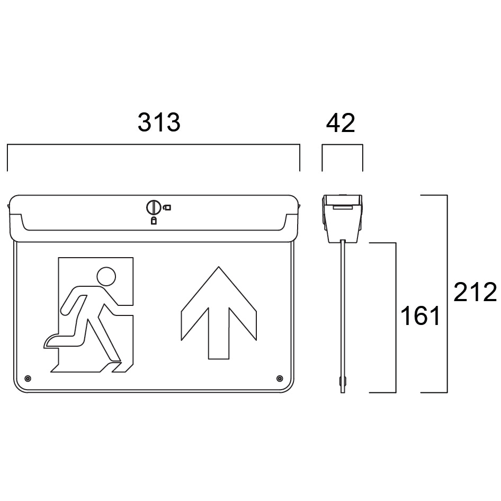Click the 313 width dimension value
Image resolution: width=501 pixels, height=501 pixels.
[x=159, y=122]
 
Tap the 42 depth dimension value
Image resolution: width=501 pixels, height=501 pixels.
[x=341, y=123]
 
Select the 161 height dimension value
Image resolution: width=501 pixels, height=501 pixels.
[x=420, y=317]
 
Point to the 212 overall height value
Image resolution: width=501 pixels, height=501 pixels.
[x=475, y=292]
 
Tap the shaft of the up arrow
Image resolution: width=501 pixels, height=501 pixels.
[x=219, y=334]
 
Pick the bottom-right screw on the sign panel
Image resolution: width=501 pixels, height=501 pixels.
[x=279, y=378]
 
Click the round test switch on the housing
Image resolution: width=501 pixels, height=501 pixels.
[x=153, y=207]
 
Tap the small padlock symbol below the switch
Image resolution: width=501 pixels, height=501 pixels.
[x=154, y=221]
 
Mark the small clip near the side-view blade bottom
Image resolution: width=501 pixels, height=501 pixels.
[x=339, y=381]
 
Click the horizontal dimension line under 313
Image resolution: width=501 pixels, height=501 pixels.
[x=154, y=144]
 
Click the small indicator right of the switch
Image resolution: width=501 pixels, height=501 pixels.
[x=167, y=207]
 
